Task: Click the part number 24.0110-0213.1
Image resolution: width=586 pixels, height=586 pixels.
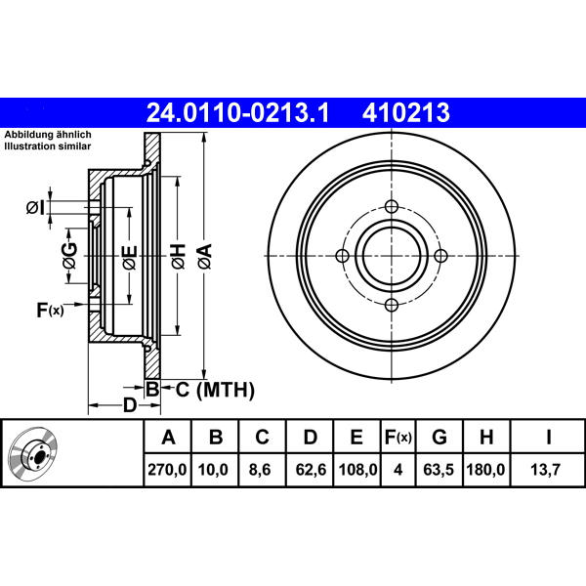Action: (x=237, y=113)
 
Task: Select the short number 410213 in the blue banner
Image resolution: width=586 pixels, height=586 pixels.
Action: (x=405, y=113)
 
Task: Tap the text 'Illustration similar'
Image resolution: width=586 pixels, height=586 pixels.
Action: (x=48, y=146)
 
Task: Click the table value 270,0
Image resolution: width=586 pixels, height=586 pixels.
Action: (x=167, y=470)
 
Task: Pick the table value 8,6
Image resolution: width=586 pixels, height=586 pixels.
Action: (x=260, y=470)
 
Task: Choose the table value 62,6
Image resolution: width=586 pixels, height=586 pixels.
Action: (x=311, y=470)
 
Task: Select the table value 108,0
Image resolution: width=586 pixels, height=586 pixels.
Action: (x=357, y=470)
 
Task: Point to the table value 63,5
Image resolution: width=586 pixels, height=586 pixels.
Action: (x=439, y=470)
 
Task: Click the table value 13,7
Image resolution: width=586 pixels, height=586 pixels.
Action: (x=546, y=470)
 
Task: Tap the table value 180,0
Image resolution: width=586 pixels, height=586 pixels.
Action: (x=485, y=470)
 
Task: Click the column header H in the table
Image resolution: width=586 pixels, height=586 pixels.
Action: (x=486, y=437)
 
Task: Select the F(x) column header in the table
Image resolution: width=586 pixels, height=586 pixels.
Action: (x=398, y=437)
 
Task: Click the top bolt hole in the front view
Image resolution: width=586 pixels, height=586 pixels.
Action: (x=392, y=206)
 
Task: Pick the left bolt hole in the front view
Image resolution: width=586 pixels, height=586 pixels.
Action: (x=343, y=256)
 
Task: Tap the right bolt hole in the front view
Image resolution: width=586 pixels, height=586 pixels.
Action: (x=440, y=256)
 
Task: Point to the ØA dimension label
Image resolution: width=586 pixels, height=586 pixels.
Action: (x=205, y=256)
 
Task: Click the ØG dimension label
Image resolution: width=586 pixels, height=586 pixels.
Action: (x=70, y=256)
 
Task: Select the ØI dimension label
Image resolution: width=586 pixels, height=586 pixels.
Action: (x=35, y=207)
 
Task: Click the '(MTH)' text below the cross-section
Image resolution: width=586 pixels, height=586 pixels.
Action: (x=226, y=390)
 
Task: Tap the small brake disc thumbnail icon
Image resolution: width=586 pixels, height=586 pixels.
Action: (x=33, y=453)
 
